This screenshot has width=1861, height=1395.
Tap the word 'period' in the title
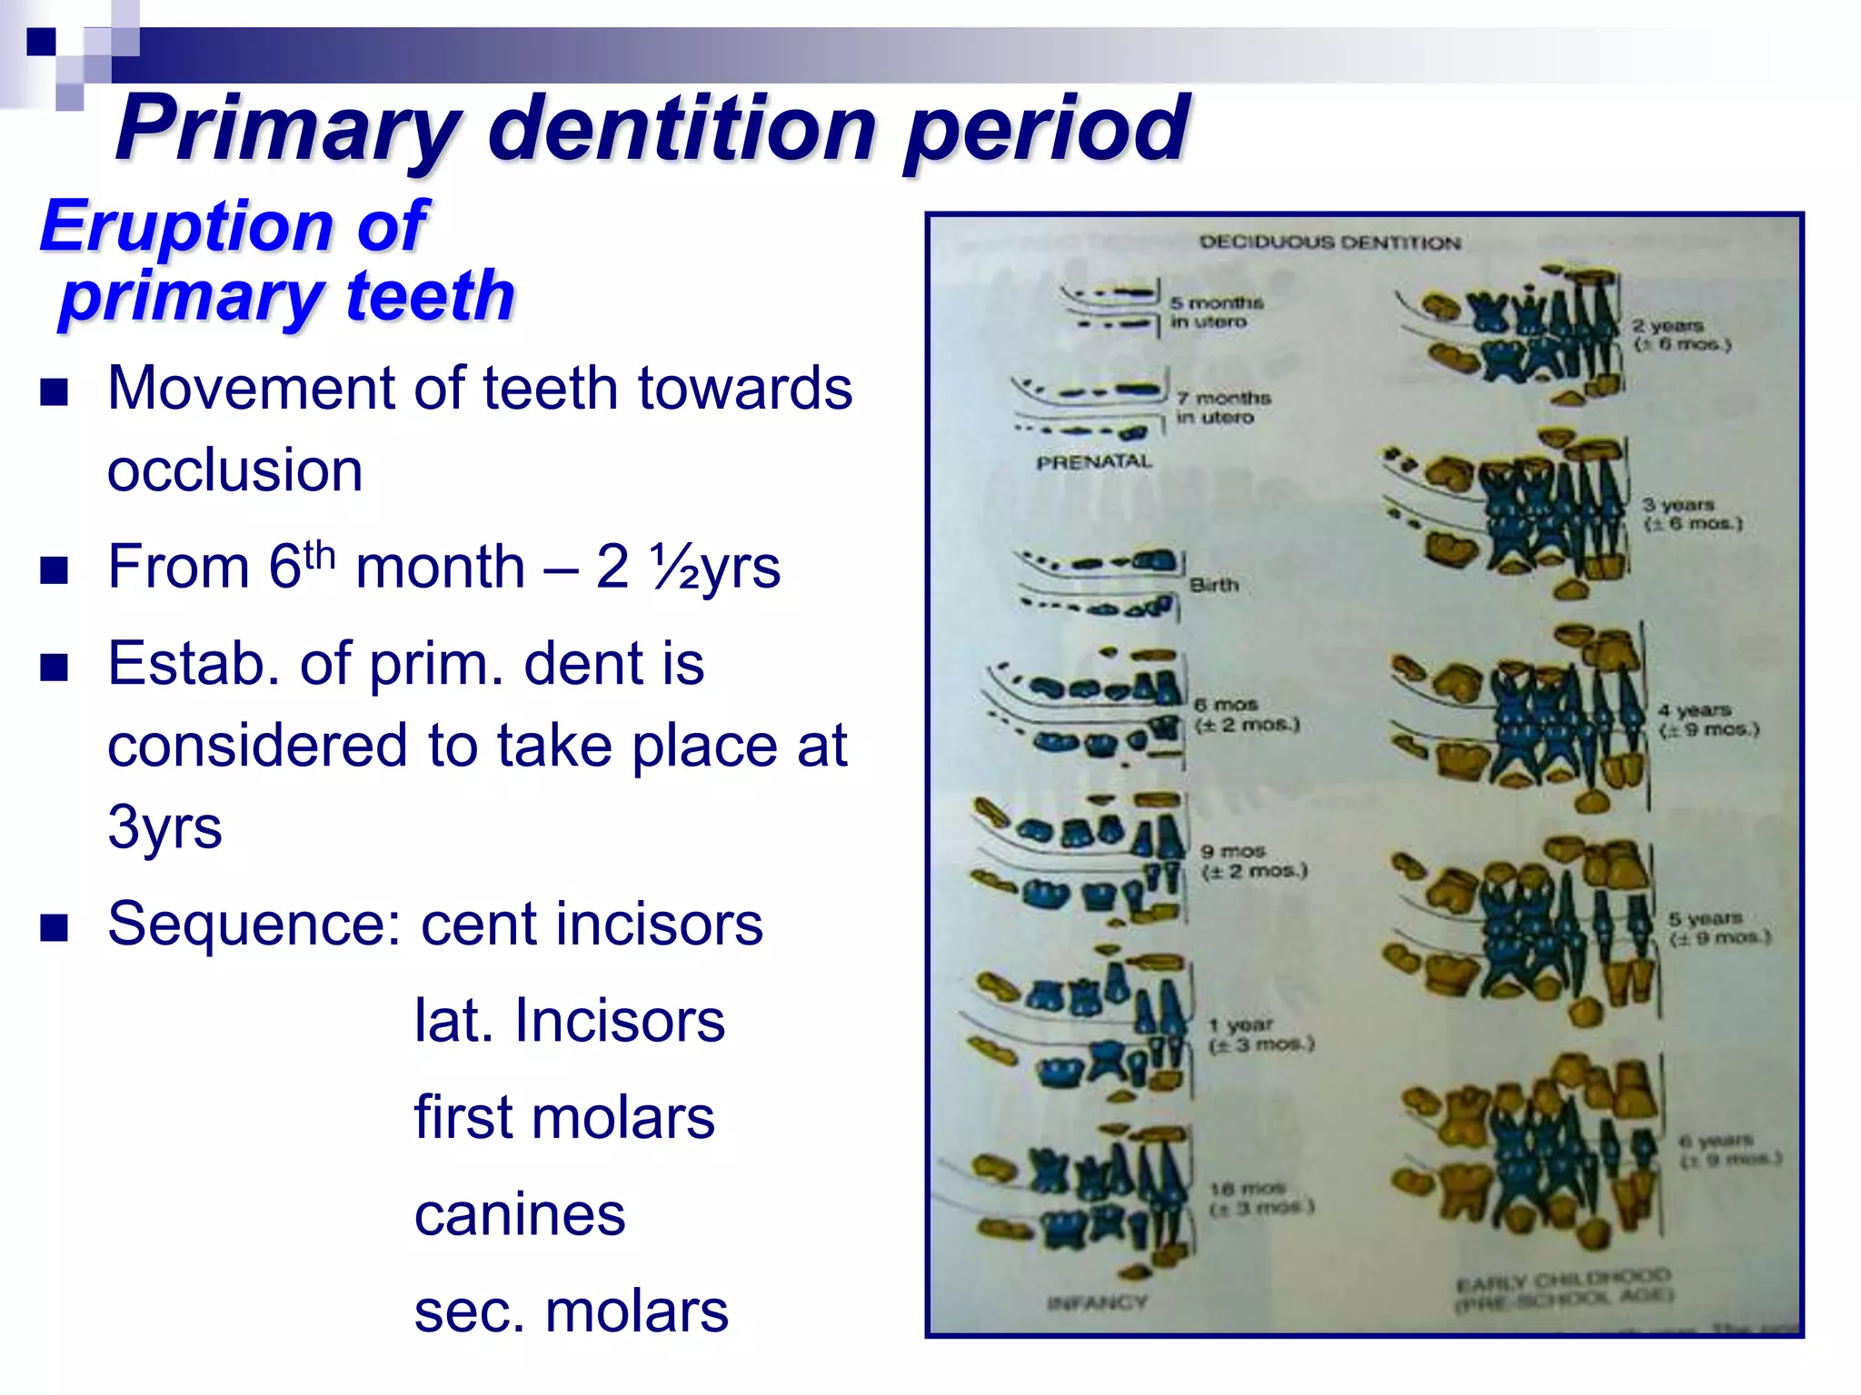point(1045,129)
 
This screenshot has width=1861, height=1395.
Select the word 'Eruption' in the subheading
point(186,226)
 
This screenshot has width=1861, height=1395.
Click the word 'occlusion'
point(234,470)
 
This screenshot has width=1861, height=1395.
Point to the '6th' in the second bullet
point(301,564)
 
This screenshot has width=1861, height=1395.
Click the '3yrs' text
point(164,826)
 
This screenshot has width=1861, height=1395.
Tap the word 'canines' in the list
point(519,1214)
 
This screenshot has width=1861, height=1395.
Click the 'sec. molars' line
point(571,1311)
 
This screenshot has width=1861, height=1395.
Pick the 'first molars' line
point(564,1117)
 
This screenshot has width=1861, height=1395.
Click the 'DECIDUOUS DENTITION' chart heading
point(1329,242)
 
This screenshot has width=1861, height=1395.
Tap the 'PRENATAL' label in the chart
point(1094,462)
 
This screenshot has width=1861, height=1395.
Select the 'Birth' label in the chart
point(1214,585)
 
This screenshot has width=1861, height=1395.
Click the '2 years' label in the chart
point(1667,325)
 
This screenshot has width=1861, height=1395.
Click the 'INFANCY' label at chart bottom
point(1097,1303)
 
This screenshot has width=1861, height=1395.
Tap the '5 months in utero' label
point(1216,312)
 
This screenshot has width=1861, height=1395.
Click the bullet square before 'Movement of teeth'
point(55,392)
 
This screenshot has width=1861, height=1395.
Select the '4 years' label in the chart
point(1694,710)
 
